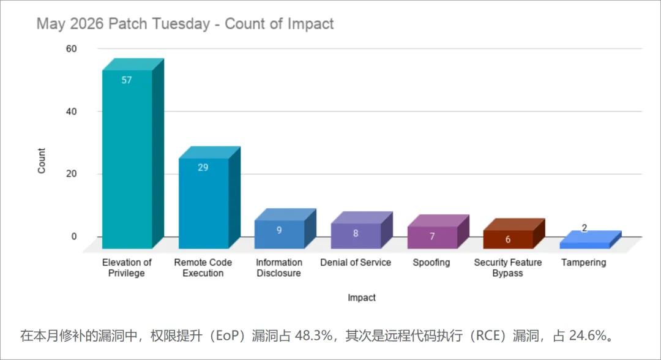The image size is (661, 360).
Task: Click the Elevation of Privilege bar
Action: [x=133, y=154]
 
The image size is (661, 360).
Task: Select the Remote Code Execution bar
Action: [x=209, y=197]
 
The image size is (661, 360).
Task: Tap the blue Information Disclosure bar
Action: [x=285, y=228]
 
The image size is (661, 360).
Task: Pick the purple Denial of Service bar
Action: [x=362, y=230]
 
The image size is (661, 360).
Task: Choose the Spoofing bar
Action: [x=438, y=231]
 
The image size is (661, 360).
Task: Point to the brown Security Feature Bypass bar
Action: [x=514, y=233]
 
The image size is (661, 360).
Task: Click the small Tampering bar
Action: [x=590, y=239]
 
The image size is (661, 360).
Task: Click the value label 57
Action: [x=127, y=80]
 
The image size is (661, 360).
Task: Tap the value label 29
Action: [x=203, y=167]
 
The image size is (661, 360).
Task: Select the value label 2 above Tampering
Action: [x=584, y=228]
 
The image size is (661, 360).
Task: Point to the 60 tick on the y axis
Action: [x=71, y=49]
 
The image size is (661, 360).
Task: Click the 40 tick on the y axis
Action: [x=71, y=111]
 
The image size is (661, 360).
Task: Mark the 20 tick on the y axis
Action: [x=71, y=174]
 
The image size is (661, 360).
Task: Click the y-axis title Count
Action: [x=42, y=160]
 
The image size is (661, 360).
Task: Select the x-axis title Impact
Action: [x=362, y=298]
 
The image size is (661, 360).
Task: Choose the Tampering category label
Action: [x=584, y=262]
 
